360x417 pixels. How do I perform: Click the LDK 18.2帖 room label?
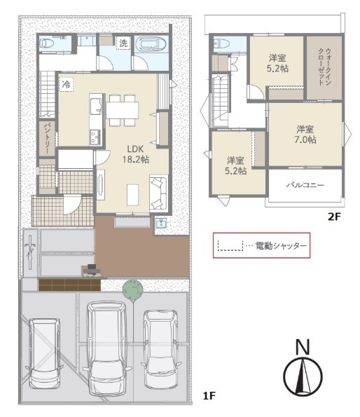pos(135,154)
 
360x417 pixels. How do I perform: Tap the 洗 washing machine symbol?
pos(123,43)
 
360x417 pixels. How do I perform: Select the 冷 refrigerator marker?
pos(66,85)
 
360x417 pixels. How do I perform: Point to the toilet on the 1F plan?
pos(47,43)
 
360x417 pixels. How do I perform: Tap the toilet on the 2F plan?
pos(221,43)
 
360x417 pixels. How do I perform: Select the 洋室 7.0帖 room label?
pos(305,135)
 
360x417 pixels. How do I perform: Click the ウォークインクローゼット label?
pos(324,67)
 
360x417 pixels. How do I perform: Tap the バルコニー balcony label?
pos(305,185)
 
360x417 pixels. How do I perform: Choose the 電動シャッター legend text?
pos(281,245)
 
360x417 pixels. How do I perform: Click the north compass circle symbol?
pos(303,376)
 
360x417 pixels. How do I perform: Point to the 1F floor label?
pos(209,396)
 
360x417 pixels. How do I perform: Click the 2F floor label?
pos(334,217)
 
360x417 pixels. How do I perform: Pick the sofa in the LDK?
pos(158,193)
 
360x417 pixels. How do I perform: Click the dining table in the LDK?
pos(123,110)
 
